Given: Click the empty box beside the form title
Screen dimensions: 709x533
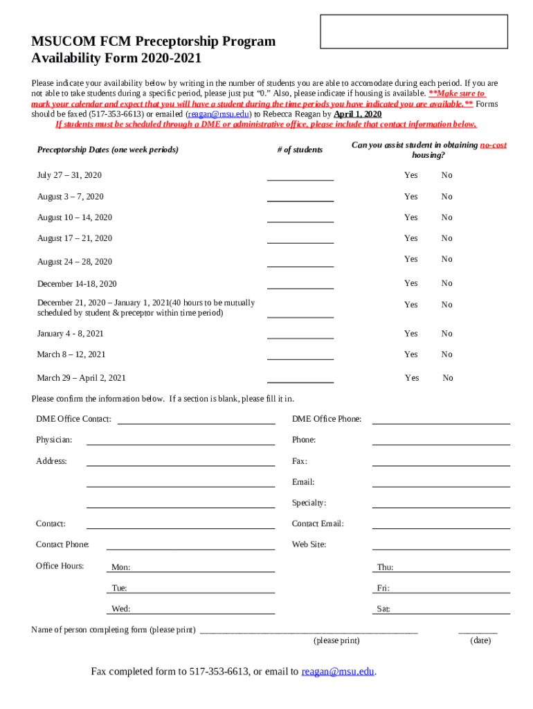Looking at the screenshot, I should point(414,32).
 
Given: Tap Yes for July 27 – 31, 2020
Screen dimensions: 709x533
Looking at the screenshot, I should point(411,175).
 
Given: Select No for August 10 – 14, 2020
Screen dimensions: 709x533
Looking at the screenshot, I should point(447,217).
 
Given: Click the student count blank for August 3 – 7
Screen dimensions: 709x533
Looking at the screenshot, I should point(300,197).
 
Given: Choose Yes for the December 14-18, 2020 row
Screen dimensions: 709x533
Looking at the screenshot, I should point(411,283).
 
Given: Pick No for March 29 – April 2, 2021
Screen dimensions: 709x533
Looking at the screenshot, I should point(448,378).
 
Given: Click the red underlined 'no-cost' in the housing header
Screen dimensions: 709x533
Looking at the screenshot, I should point(494,145).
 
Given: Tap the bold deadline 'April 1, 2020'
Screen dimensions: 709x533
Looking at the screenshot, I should point(358,114).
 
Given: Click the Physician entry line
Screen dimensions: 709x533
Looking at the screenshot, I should point(181,440).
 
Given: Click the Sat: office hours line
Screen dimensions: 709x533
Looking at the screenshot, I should point(450,609).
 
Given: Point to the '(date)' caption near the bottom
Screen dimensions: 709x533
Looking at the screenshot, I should point(480,640).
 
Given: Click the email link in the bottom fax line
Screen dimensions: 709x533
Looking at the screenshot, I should point(338,672).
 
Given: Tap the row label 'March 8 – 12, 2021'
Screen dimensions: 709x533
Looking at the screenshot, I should point(71,354).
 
